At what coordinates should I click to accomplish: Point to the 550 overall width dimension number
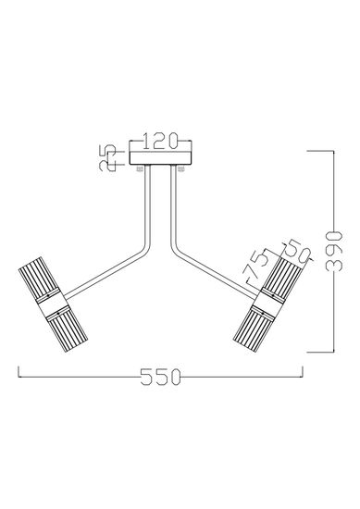click(161, 378)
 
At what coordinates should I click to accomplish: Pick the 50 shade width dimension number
click(294, 250)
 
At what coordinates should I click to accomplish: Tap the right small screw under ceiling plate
click(182, 169)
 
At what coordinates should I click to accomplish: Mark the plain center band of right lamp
click(275, 302)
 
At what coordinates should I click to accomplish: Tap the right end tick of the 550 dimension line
click(304, 375)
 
